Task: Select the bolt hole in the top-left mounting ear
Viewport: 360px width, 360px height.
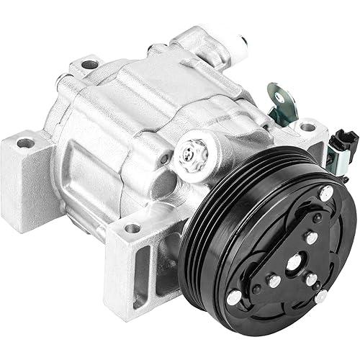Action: click(x=89, y=64)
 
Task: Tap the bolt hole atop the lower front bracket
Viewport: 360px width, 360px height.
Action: click(x=132, y=228)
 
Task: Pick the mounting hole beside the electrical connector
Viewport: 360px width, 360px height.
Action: click(x=307, y=127)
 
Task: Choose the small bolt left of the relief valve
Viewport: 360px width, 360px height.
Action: click(x=167, y=158)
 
